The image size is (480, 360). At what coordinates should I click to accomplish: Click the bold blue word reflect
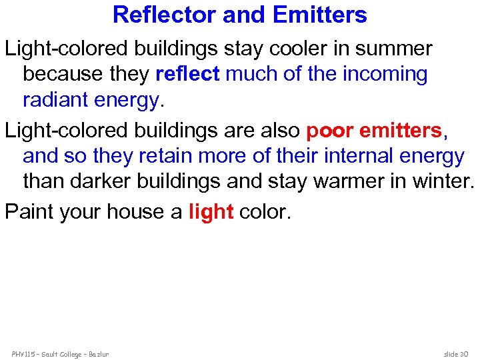coord(187,74)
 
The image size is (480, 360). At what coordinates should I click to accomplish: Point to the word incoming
coord(385,74)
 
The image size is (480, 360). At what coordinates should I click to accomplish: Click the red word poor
coord(330,131)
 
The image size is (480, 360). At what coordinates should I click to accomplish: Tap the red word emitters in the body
coord(401,131)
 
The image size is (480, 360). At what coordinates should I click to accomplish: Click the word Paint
coord(29,211)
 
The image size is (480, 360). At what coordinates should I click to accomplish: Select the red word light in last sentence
coord(211,211)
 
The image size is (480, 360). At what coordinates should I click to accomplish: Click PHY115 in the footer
coord(23,353)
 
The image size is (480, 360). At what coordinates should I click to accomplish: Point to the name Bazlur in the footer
coord(97,353)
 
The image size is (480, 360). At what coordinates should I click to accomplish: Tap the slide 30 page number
coord(457,353)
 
